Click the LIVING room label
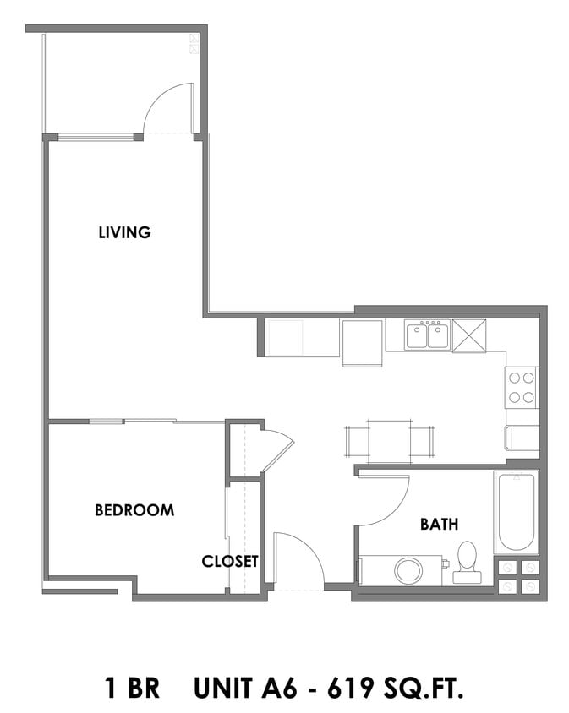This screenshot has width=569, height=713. (124, 232)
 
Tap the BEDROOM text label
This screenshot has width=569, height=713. (134, 510)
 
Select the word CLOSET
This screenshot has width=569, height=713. (229, 561)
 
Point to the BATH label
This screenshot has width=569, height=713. (439, 525)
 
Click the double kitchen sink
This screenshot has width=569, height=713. (426, 336)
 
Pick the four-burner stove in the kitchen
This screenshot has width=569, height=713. (522, 388)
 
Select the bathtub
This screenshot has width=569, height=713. (516, 512)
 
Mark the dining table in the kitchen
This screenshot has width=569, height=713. (389, 441)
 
